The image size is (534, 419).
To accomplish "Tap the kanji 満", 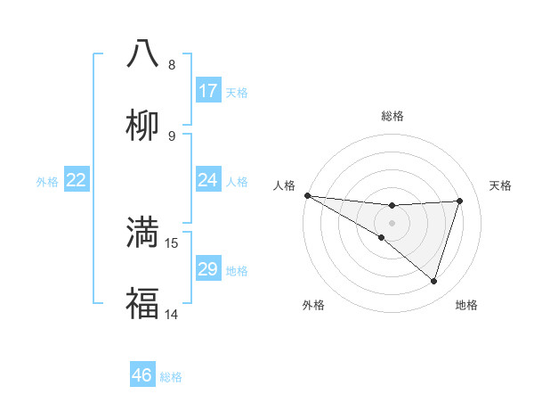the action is coord(142,232).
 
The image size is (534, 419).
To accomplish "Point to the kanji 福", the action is coord(142,303).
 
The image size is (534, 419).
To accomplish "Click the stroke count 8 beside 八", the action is coord(172,65).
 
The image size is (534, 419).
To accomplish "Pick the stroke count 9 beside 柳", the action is coord(172,136).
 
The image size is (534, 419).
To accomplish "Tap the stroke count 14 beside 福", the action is coord(172,314).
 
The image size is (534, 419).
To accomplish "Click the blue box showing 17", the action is coord(208,91).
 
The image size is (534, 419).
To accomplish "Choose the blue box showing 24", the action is coord(208,180).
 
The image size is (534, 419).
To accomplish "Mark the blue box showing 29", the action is coord(208,269).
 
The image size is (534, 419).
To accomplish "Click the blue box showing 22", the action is coord(77,180).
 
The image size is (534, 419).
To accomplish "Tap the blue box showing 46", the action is coord(142,375).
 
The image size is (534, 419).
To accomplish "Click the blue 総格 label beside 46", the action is coord(171,377).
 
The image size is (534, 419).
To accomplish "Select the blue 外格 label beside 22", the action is coord(47,182).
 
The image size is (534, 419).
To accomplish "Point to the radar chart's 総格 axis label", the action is coord(392,116).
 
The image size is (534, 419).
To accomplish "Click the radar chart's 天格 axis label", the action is coord(500,185).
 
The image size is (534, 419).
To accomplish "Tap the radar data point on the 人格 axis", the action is coord(307,194).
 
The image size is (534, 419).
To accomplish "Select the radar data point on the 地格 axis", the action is coord(434,281).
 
